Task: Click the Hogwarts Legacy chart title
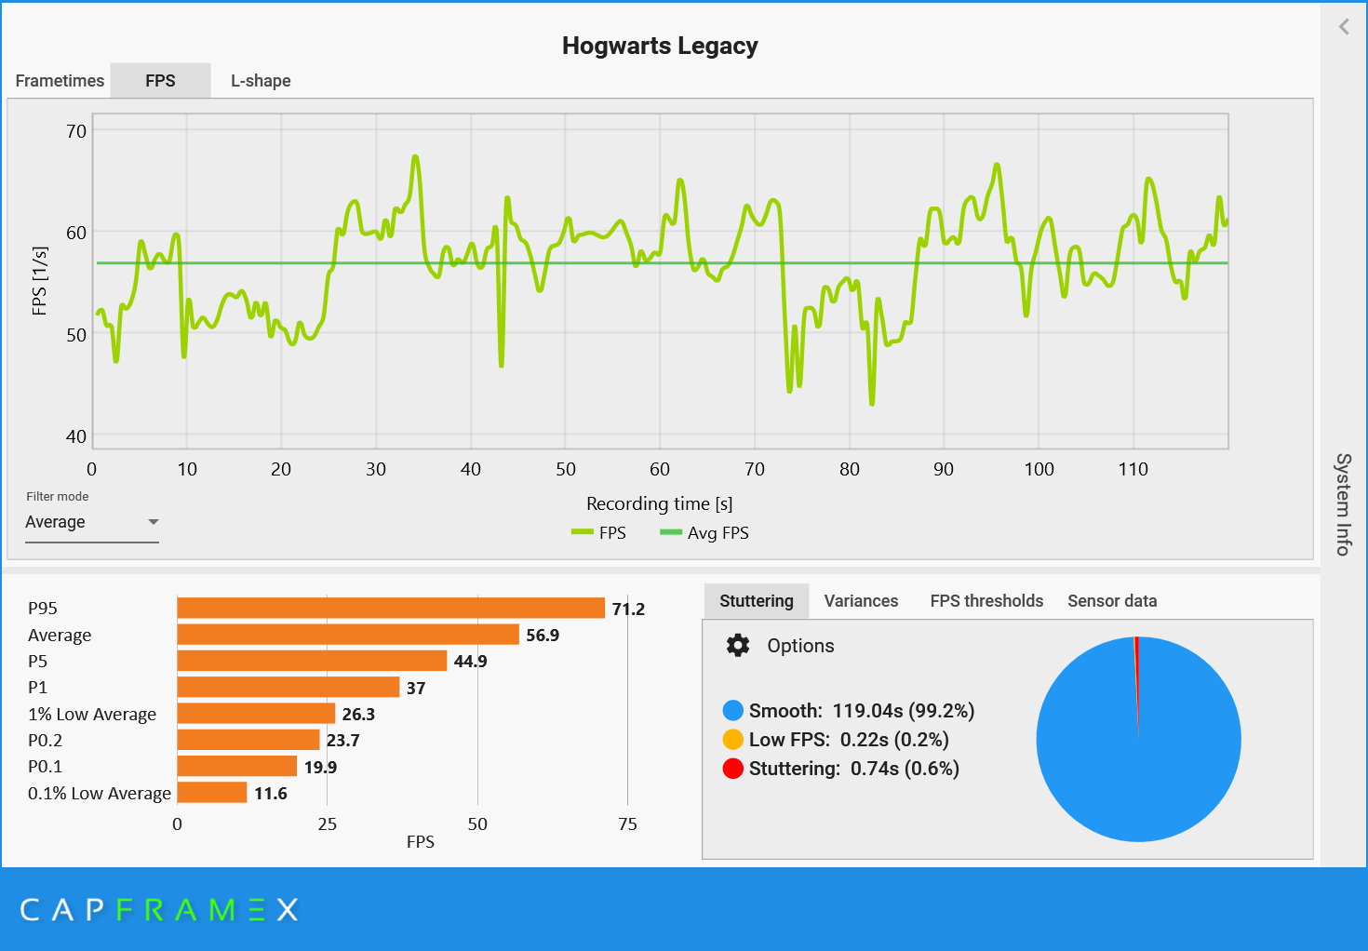pos(660,46)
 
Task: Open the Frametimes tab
pos(60,81)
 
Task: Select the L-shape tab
pos(261,81)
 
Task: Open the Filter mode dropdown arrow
pos(154,522)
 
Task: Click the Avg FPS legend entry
pos(704,533)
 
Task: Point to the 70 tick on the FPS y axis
pos(76,131)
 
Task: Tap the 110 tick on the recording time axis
pos(1133,469)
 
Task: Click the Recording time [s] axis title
pos(659,503)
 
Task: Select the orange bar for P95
pos(391,609)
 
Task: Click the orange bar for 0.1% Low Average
pos(212,793)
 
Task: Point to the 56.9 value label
pos(543,636)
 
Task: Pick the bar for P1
pos(288,688)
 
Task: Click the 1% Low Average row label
pos(92,715)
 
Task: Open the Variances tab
pos(861,601)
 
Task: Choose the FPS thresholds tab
pos(986,601)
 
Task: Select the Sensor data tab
pos(1112,601)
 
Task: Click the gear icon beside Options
pos(738,646)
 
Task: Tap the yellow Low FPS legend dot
pos(733,740)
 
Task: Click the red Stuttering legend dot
pos(733,769)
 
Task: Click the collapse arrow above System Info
pos(1344,27)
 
